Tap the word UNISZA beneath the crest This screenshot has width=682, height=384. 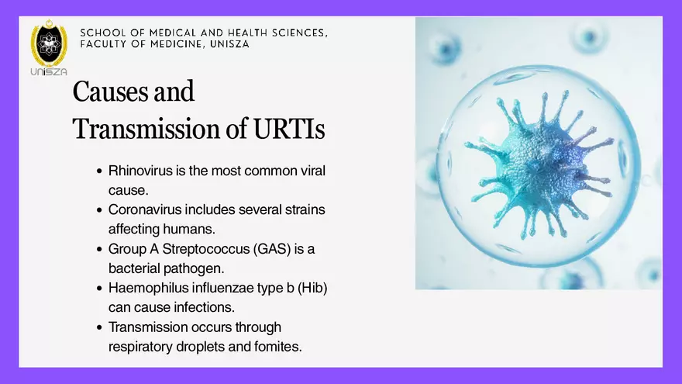(49, 72)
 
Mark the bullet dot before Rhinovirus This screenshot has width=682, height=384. (99, 171)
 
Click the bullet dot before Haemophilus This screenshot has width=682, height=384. (99, 289)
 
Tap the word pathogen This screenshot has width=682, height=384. (195, 268)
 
